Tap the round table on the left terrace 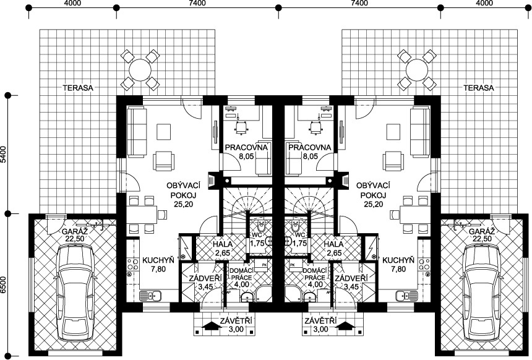click(x=140, y=69)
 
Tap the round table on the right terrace click(x=417, y=69)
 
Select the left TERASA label click(x=78, y=88)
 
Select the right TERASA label click(x=479, y=88)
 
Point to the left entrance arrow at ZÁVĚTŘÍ click(x=210, y=326)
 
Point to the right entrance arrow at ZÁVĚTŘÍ click(x=346, y=326)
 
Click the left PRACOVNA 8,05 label click(x=247, y=152)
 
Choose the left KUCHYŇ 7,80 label click(x=158, y=265)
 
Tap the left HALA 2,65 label click(x=223, y=249)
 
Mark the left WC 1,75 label click(x=257, y=239)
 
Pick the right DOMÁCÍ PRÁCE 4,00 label click(x=314, y=277)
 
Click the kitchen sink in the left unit click(x=153, y=296)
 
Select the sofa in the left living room click(x=137, y=132)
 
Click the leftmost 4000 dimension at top click(x=72, y=3)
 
